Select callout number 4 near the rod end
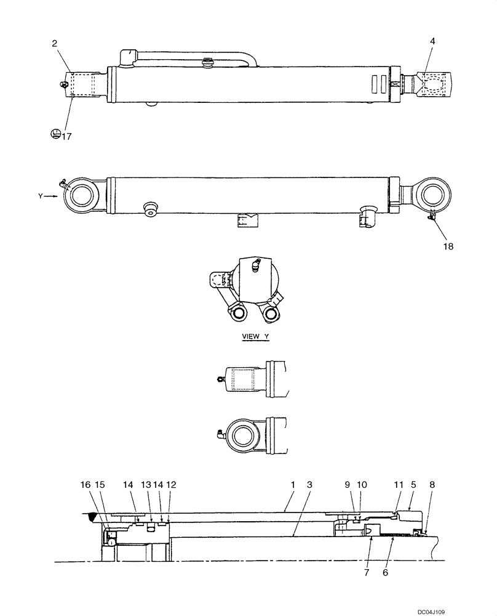point(433,43)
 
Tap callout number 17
point(66,136)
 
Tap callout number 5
point(413,485)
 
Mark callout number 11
point(398,485)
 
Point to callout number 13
point(146,485)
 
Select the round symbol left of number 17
point(55,134)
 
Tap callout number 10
point(362,485)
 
